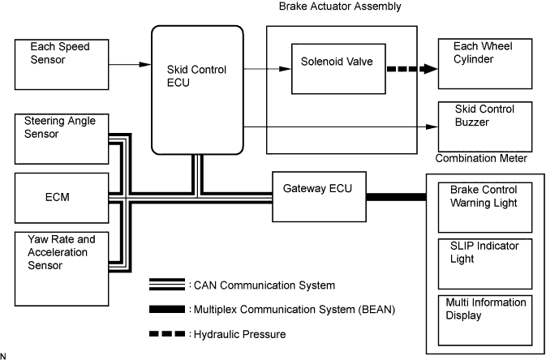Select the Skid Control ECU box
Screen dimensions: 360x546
pos(197,89)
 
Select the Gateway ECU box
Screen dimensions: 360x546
pos(317,195)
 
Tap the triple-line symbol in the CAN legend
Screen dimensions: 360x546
pos(166,285)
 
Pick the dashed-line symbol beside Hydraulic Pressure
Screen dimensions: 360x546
pos(166,333)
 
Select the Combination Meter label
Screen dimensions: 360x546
pos(482,160)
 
